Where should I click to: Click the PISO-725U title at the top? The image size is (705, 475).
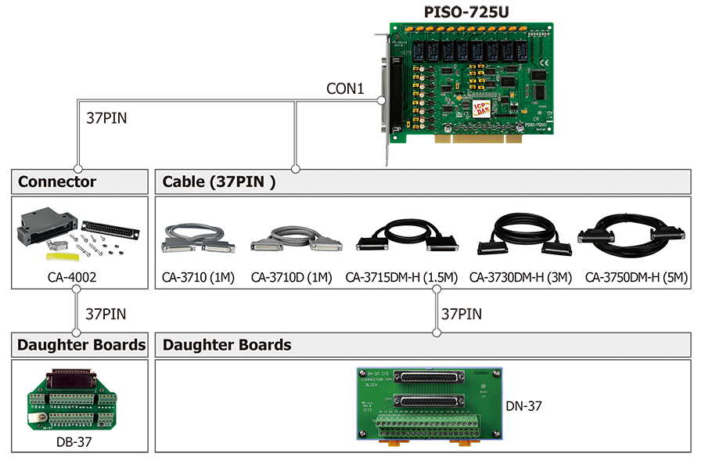pyautogui.click(x=461, y=12)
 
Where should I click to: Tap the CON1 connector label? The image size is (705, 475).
pyautogui.click(x=345, y=89)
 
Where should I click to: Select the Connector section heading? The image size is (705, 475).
pyautogui.click(x=57, y=182)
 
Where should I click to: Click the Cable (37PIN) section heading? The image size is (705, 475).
pyautogui.click(x=219, y=182)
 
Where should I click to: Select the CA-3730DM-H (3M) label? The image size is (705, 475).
pyautogui.click(x=521, y=277)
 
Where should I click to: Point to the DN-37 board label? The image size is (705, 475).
pyautogui.click(x=523, y=405)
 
